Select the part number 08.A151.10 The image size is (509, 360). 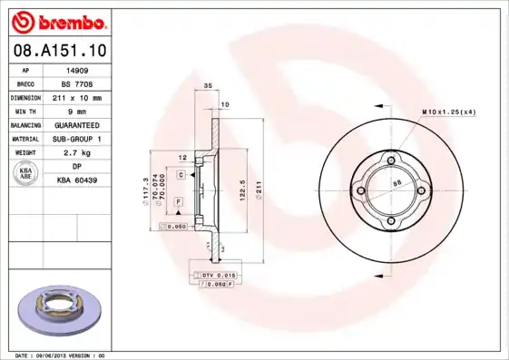click(x=59, y=51)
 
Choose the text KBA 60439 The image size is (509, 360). click(x=78, y=180)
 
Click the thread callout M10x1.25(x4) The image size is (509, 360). click(x=449, y=112)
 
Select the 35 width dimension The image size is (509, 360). click(x=207, y=85)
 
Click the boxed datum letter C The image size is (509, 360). click(x=181, y=173)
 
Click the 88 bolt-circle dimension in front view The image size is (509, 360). click(x=396, y=182)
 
